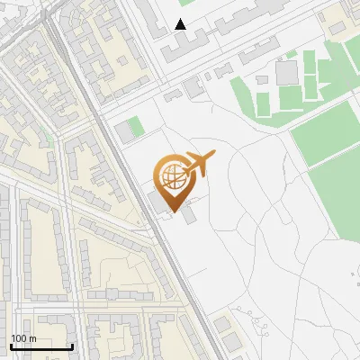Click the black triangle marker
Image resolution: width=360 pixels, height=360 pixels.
pyautogui.click(x=181, y=24)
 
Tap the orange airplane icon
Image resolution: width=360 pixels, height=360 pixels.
pyautogui.click(x=199, y=165)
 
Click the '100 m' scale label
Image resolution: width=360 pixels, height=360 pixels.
pyautogui.click(x=23, y=338)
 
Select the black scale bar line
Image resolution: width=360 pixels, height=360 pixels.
pyautogui.click(x=41, y=346)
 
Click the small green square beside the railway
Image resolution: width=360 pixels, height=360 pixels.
pyautogui.click(x=135, y=127)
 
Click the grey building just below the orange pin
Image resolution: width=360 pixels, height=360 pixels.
pyautogui.click(x=190, y=217)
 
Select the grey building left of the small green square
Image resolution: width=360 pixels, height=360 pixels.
pyautogui.click(x=122, y=132)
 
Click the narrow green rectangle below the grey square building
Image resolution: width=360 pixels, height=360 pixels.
pyautogui.click(x=288, y=97)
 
